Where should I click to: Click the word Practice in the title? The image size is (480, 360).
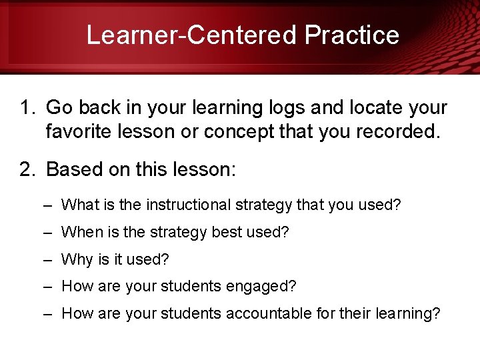coord(352,35)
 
